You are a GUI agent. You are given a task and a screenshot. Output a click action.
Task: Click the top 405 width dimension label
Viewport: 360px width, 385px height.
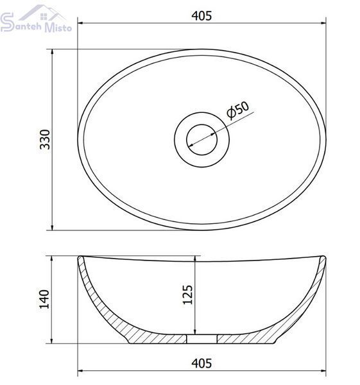201,16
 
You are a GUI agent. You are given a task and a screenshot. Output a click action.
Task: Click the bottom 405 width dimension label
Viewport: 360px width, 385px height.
201,363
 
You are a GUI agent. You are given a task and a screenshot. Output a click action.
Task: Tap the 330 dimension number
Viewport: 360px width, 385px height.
45,139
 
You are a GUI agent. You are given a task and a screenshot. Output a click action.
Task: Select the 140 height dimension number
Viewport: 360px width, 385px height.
44,299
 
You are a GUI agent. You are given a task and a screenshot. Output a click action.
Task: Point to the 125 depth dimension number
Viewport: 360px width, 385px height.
188,295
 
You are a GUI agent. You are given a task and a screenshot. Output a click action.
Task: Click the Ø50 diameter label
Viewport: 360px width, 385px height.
237,110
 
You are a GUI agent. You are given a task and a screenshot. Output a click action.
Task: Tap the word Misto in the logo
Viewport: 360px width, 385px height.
58,27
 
